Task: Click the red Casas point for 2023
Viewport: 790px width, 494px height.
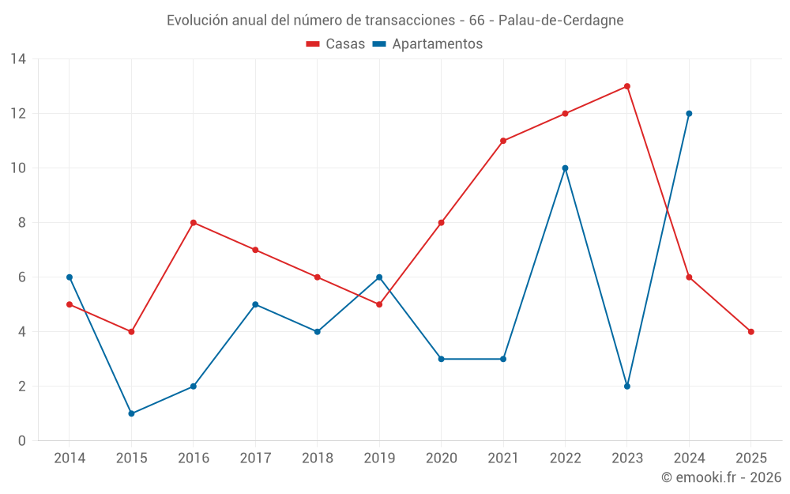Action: pyautogui.click(x=626, y=86)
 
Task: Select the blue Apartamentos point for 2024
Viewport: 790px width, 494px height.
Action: pyautogui.click(x=689, y=113)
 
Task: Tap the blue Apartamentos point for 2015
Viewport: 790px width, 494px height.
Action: pyautogui.click(x=131, y=413)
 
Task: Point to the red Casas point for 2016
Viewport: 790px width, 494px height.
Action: pyautogui.click(x=194, y=222)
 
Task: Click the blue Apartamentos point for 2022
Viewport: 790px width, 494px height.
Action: pyautogui.click(x=565, y=168)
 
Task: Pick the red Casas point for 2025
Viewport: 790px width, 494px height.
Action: pyautogui.click(x=750, y=331)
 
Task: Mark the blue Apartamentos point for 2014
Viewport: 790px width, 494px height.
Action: pyautogui.click(x=70, y=277)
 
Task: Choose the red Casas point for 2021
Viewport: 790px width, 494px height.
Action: pyautogui.click(x=503, y=141)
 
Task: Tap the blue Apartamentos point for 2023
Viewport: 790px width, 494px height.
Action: pyautogui.click(x=626, y=386)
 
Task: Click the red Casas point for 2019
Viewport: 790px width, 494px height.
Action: pyautogui.click(x=379, y=304)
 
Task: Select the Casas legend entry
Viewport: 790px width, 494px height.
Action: pyautogui.click(x=336, y=44)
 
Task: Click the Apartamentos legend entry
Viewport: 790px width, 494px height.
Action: pyautogui.click(x=427, y=44)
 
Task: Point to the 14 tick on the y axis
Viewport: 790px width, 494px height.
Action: pyautogui.click(x=18, y=58)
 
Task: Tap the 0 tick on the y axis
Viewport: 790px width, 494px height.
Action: pyautogui.click(x=22, y=440)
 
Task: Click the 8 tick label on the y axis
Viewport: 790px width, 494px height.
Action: pyautogui.click(x=22, y=222)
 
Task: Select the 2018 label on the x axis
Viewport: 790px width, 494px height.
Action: pyautogui.click(x=317, y=458)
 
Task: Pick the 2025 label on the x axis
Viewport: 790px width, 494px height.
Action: pyautogui.click(x=750, y=458)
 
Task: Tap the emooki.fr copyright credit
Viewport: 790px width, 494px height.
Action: pyautogui.click(x=721, y=477)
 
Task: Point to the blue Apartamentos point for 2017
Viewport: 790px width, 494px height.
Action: pyautogui.click(x=255, y=304)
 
